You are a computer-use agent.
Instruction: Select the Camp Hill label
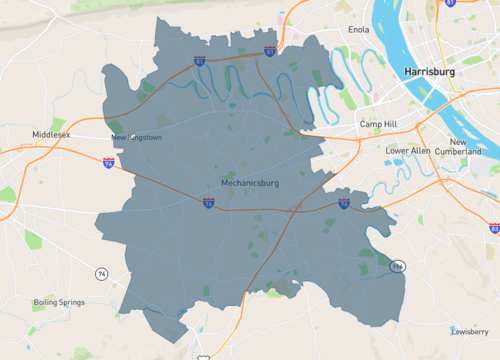coord(378,124)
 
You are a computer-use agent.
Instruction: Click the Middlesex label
coord(50,134)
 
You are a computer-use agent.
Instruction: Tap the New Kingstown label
coord(136,137)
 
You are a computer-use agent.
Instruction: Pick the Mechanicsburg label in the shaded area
coord(249,184)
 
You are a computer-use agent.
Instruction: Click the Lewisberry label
coord(469,331)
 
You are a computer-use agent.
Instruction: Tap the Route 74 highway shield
coord(101,273)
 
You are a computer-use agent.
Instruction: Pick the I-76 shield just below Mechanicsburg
coord(208,203)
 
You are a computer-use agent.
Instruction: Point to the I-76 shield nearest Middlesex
coord(108,162)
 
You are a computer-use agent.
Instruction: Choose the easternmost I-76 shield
coord(343,204)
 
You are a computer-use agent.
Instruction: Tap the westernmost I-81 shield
coord(199,62)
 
